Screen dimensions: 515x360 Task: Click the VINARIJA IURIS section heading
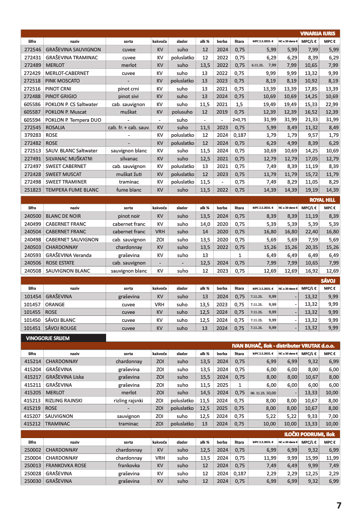317,33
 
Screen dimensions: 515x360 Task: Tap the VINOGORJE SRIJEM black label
48,338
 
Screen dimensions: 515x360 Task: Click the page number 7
338,505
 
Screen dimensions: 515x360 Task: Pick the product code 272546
32,49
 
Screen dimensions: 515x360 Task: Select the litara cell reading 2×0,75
239,120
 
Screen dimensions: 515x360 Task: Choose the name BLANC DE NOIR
64,216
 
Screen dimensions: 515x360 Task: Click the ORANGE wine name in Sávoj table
55,304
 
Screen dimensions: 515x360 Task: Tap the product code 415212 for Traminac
32,424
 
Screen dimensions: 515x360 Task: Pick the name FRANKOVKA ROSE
66,465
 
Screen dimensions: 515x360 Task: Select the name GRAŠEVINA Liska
64,377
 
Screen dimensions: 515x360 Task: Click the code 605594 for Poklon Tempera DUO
32,120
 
